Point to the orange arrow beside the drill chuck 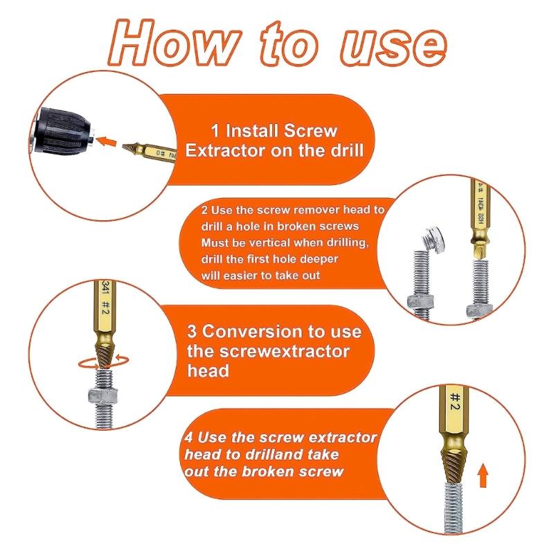(105, 142)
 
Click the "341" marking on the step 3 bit (105, 287)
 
